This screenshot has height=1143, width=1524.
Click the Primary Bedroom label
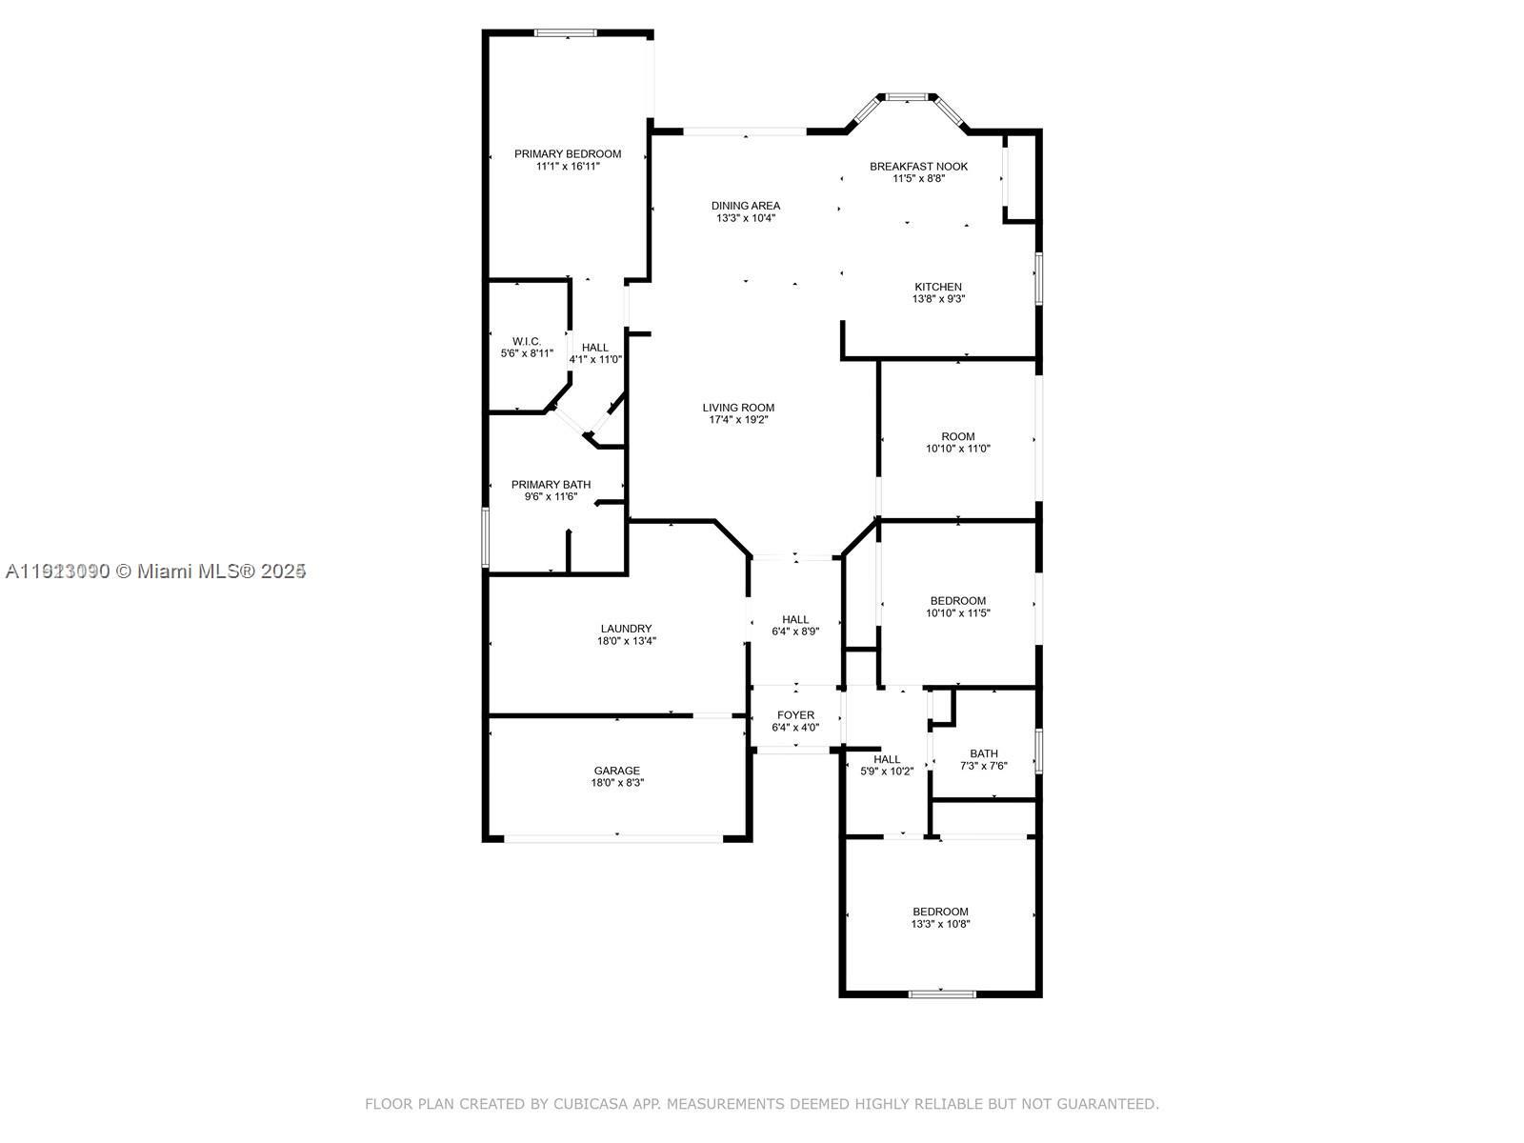coord(568,153)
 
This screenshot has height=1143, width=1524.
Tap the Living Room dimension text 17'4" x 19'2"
coord(738,420)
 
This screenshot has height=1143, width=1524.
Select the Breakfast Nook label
coord(918,166)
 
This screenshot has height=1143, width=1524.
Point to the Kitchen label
coord(938,287)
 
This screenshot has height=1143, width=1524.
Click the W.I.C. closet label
coord(527,341)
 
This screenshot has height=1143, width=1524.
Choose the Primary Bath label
coord(551,484)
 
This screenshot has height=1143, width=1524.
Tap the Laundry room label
coord(626,629)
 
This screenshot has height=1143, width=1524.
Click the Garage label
coord(617,771)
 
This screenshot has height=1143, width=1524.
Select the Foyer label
coord(795,715)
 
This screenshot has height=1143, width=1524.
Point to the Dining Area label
coord(746,205)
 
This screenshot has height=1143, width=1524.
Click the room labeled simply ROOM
coord(957,436)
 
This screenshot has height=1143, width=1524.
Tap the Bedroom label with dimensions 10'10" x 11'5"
coord(957,600)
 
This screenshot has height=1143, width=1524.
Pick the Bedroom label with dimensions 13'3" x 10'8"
coord(940,912)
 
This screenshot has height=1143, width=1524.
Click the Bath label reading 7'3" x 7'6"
coord(984,753)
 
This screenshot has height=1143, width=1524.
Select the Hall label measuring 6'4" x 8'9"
coord(795,619)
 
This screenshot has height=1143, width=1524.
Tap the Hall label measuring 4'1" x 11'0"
coord(595,348)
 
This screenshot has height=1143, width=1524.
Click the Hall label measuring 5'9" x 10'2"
coord(887,759)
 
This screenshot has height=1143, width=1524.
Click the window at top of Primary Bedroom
coord(565,33)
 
